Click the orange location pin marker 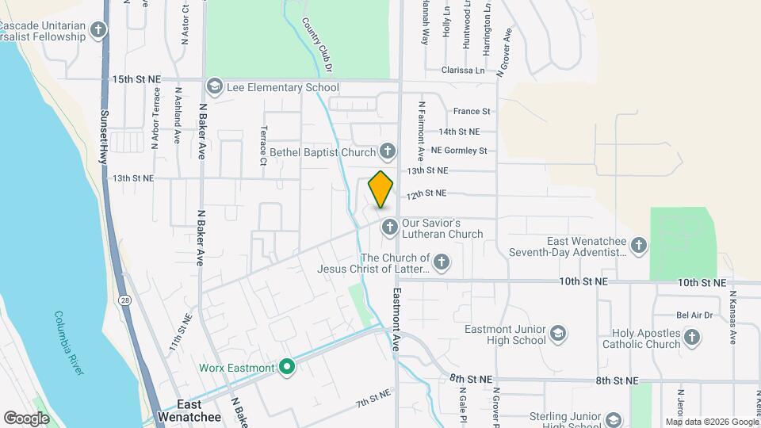tap(381, 189)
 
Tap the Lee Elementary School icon tap(214, 86)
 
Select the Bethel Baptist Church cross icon tap(388, 151)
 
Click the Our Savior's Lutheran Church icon tap(389, 227)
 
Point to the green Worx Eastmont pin tap(288, 367)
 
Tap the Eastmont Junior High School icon tap(558, 333)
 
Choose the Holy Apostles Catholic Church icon tap(692, 338)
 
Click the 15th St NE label tap(136, 79)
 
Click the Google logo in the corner tap(26, 418)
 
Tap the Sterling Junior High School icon tap(613, 419)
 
